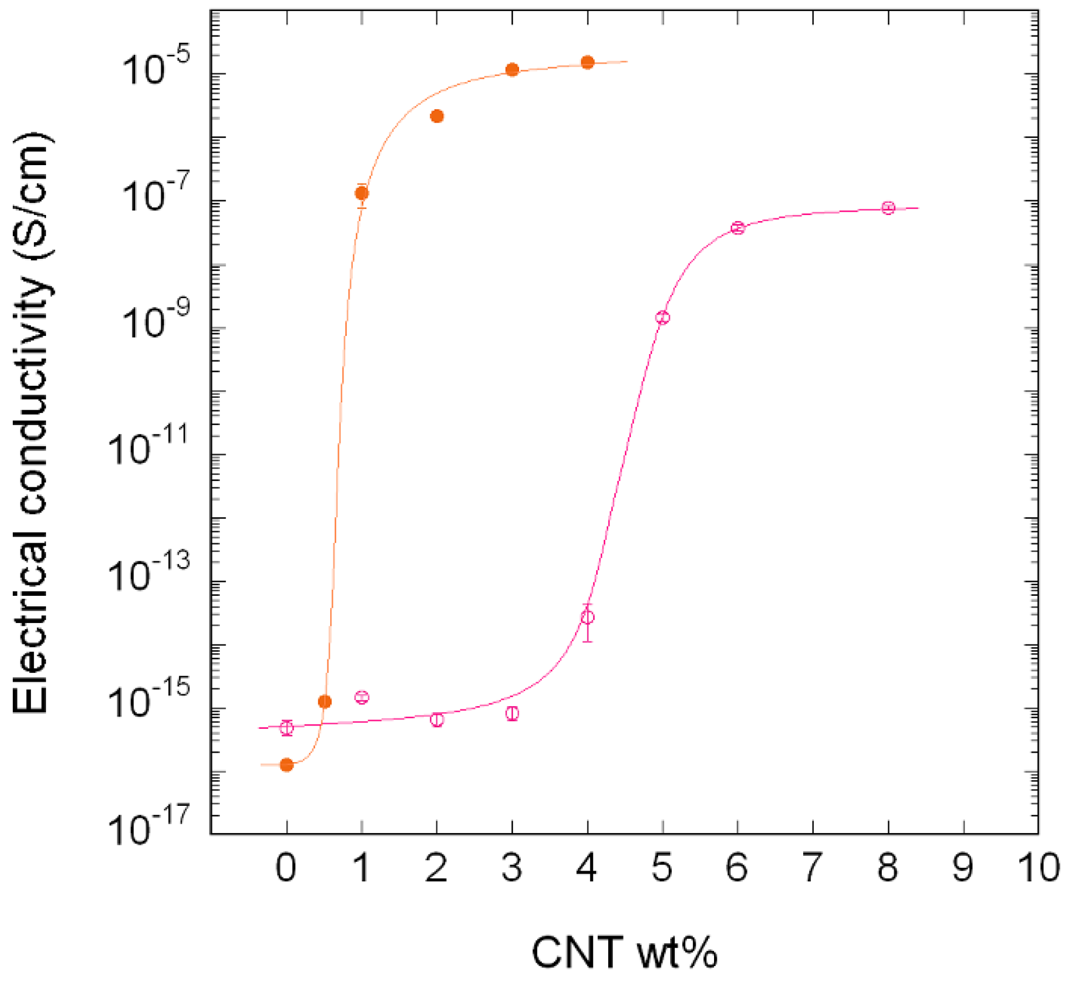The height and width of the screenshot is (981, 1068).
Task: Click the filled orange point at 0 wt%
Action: point(286,765)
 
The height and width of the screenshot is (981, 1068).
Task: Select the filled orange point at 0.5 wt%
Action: point(325,702)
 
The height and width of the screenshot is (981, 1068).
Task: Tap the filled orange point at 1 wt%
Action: point(362,193)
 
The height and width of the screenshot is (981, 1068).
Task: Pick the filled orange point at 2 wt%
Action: point(437,116)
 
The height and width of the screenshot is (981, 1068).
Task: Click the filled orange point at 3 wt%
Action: point(512,70)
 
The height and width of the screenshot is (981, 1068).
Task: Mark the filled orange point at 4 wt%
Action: point(588,62)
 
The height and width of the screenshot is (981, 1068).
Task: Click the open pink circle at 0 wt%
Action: point(286,728)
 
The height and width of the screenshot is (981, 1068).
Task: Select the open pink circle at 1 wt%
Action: point(362,697)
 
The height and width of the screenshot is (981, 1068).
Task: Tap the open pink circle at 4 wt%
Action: point(588,617)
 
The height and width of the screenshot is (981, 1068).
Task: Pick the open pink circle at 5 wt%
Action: point(663,318)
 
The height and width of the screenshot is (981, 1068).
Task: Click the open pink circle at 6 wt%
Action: point(738,228)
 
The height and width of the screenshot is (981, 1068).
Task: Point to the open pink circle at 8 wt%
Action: point(889,208)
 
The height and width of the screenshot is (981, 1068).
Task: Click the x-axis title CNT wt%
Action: point(624,952)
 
